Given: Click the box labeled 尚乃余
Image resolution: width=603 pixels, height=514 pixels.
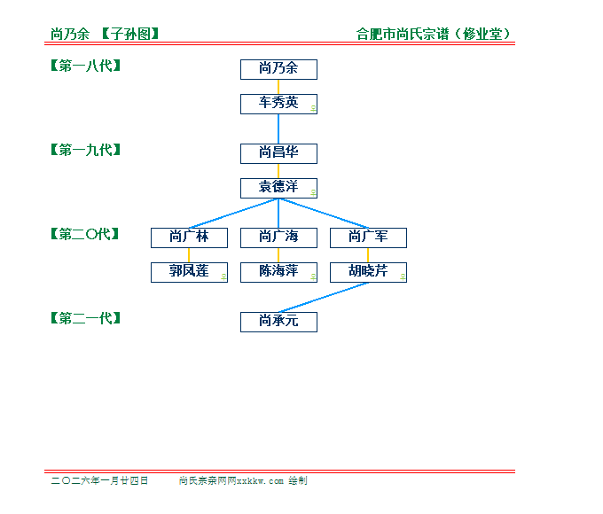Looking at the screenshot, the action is pos(278,70).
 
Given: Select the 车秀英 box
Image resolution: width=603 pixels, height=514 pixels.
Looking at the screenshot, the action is pos(278,105).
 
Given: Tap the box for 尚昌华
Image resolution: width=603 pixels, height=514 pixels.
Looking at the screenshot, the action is pos(278,154).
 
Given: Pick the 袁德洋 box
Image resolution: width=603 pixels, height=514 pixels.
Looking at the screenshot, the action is pos(278,189).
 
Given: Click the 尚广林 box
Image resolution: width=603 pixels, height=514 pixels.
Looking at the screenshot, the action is pos(189,238).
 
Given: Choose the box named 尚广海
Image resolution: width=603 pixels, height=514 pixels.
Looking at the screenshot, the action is pos(278,238).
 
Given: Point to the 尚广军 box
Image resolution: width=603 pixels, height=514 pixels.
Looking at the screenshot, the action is pos(368,238).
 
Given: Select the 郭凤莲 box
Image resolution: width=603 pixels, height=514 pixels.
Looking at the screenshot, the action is pos(189,273).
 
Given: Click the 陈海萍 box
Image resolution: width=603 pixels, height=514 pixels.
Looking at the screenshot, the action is pos(278,273).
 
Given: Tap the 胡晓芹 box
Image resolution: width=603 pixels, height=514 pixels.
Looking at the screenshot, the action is pos(368,273).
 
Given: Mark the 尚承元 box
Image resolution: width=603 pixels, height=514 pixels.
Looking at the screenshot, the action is pos(278,323).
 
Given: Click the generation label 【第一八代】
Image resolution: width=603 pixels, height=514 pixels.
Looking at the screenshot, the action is pos(86,66).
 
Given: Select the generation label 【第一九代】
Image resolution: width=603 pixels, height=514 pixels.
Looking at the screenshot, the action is pos(86,150).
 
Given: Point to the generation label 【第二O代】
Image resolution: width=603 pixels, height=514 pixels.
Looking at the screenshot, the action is pos(85,234).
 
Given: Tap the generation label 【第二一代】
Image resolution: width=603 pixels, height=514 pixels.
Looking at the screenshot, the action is pos(86,318).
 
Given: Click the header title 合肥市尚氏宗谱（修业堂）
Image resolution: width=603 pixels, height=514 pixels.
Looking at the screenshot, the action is pos(434,34).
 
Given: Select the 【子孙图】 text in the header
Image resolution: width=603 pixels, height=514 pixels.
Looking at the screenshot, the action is pos(130,34).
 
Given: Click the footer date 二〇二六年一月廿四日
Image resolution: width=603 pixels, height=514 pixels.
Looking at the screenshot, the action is pos(99,480).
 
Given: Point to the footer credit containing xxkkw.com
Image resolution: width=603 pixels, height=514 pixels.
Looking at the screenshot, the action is pos(243,480).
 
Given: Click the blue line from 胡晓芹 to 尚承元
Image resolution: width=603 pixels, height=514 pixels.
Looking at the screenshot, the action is pos(324,298).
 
